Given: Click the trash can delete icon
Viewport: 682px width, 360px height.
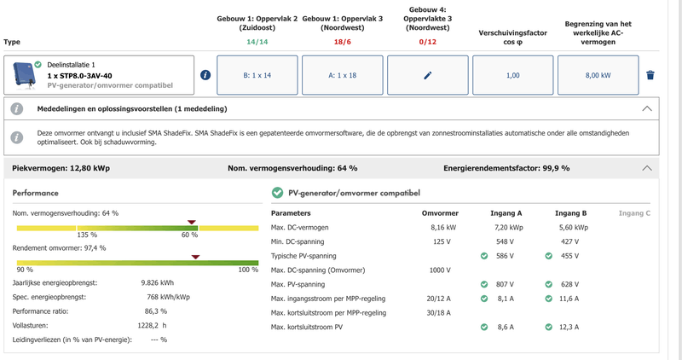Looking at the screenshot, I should (650, 75).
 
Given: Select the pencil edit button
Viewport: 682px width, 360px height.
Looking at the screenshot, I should (427, 75).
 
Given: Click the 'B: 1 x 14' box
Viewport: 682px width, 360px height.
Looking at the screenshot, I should (257, 75).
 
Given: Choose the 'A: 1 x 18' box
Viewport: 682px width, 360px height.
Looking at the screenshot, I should (343, 75).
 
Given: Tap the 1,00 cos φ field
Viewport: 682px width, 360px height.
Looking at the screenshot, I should (512, 75).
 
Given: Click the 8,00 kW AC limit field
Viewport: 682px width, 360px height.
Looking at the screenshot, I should (598, 75).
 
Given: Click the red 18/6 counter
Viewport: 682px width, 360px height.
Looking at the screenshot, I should (343, 41).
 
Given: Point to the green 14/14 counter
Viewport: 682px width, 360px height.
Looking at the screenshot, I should (257, 41).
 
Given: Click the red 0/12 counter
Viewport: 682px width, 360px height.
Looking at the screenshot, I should (427, 41).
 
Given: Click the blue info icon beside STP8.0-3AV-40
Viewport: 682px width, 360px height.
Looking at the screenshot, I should (205, 75).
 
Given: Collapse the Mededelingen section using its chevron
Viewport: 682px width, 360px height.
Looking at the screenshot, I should (647, 109).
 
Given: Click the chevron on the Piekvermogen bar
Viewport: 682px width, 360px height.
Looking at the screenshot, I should (647, 168).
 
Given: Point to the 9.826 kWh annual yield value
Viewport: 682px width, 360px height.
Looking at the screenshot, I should (157, 282).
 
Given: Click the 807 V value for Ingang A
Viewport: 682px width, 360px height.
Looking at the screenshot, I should (506, 284).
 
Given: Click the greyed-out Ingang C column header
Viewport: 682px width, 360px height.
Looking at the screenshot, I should (634, 212).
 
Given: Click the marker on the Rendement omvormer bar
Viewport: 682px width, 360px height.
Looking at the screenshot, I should (195, 256).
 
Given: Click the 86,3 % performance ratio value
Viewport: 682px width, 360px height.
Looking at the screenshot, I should (156, 311).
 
